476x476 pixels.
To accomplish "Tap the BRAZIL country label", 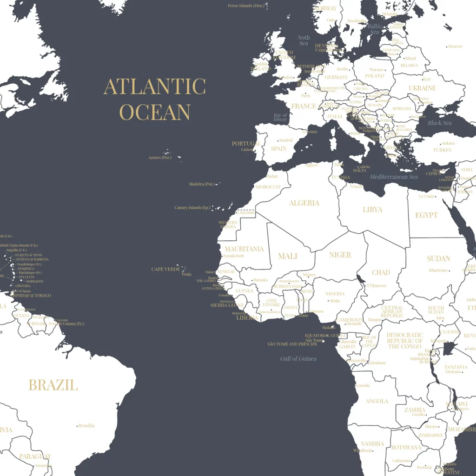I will [53, 385].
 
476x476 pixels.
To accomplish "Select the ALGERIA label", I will [304, 203].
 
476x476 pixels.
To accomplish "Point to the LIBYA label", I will [372, 210].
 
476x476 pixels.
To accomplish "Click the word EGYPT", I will [426, 215].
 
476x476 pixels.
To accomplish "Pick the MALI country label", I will [287, 256].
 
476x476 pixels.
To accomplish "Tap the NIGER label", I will [340, 255].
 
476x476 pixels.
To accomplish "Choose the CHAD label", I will [381, 272].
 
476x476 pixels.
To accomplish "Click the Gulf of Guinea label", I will [298, 358].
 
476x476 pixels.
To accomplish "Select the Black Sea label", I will [439, 123].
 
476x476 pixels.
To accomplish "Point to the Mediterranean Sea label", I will [394, 177].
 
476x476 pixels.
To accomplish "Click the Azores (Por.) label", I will [160, 158].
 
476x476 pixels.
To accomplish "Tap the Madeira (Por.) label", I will [202, 184].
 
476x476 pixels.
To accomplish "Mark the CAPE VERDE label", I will [165, 269].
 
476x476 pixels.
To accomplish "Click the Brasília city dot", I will [77, 425].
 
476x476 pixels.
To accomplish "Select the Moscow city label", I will [455, 46].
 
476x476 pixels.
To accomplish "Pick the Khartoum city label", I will [438, 270].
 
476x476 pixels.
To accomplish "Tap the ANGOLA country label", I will [377, 401].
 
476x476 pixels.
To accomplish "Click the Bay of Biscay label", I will [280, 117].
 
